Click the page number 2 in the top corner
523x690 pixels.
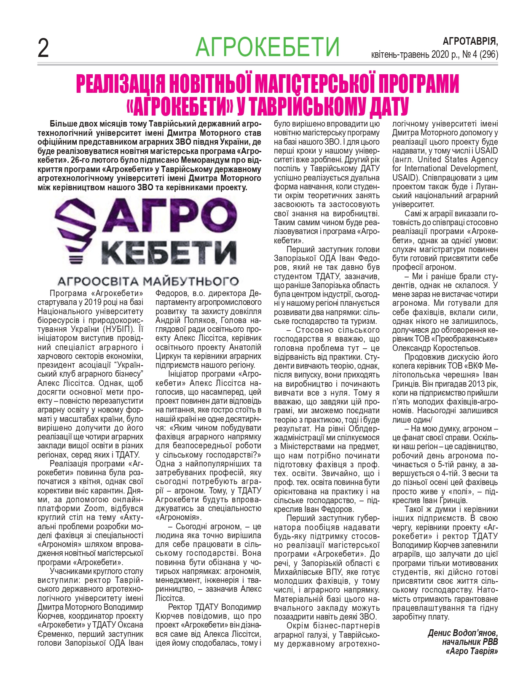pos(43,48)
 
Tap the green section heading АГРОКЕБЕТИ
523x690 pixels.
pos(267,47)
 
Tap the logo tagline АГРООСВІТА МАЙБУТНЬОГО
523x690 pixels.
pos(148,280)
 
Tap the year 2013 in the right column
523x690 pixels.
pos(471,384)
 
